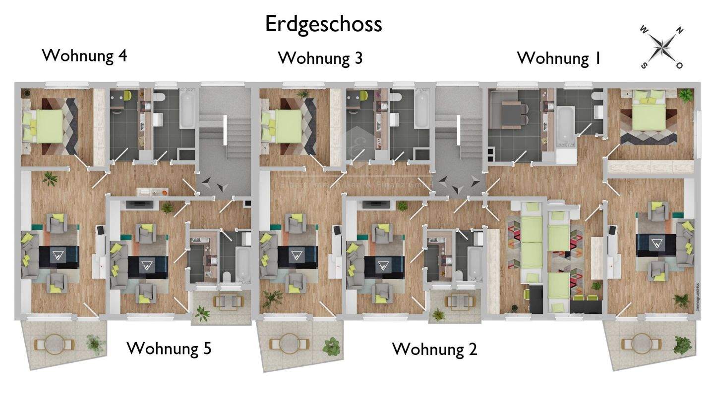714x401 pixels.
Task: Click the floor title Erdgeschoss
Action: coord(323,24)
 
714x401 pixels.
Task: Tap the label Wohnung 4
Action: coord(84,55)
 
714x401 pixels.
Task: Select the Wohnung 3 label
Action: coord(320,58)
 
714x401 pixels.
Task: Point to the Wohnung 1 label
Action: coord(559,58)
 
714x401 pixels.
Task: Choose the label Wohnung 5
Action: coord(169,348)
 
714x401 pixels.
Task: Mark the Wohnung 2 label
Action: coord(434,349)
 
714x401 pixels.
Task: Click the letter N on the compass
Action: coord(679,31)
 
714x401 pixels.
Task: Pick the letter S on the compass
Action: coord(645,65)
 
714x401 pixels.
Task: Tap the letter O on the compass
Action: coord(679,65)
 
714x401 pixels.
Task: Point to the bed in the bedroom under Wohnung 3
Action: coord(283,126)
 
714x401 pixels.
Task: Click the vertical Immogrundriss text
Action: coord(697,297)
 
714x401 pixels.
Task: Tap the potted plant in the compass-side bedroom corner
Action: coord(686,95)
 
